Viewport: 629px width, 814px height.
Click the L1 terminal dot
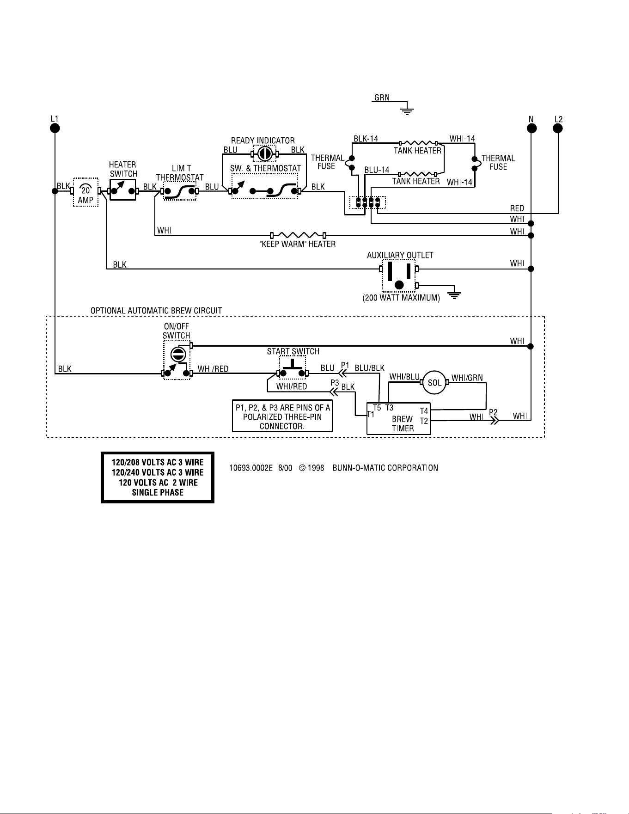point(55,128)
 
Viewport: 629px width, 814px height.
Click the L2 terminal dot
point(558,128)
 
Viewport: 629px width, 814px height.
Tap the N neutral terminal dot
point(531,128)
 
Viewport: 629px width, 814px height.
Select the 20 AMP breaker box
point(85,191)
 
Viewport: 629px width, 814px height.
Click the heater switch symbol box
point(123,190)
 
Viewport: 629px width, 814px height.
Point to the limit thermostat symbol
point(180,191)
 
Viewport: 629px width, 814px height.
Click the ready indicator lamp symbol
point(264,153)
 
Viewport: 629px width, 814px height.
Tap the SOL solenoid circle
point(435,382)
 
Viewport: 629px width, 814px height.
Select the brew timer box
point(398,418)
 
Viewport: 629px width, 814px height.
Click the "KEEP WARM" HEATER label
point(298,244)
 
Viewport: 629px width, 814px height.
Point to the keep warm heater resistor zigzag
point(298,235)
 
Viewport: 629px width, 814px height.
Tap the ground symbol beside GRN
point(407,109)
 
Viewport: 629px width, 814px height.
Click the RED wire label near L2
point(517,208)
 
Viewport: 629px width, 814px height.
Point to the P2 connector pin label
point(493,411)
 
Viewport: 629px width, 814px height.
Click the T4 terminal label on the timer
point(424,410)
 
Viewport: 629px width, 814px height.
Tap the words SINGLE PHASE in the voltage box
point(158,493)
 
